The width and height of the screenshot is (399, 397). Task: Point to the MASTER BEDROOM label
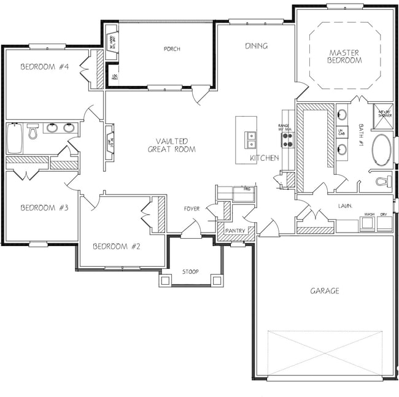pos(344,56)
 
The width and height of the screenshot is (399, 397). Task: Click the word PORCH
pos(172,49)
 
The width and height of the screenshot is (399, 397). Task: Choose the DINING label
pos(257,46)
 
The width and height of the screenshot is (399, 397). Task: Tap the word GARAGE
pos(324,291)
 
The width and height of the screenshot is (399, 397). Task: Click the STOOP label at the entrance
pos(190,271)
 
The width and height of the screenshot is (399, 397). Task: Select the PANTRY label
pos(235,231)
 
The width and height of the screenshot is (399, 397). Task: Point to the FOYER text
pos(192,209)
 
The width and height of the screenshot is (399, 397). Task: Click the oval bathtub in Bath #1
pos(382,151)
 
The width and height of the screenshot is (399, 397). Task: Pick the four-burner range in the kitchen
pos(288,140)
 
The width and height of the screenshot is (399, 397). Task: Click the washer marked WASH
pos(369,222)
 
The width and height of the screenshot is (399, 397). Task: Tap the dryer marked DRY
pos(385,222)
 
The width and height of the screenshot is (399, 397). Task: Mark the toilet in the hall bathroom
pos(33,130)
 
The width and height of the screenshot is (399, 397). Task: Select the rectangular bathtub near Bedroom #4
pos(15,139)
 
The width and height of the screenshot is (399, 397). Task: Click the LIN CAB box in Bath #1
pos(342,131)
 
